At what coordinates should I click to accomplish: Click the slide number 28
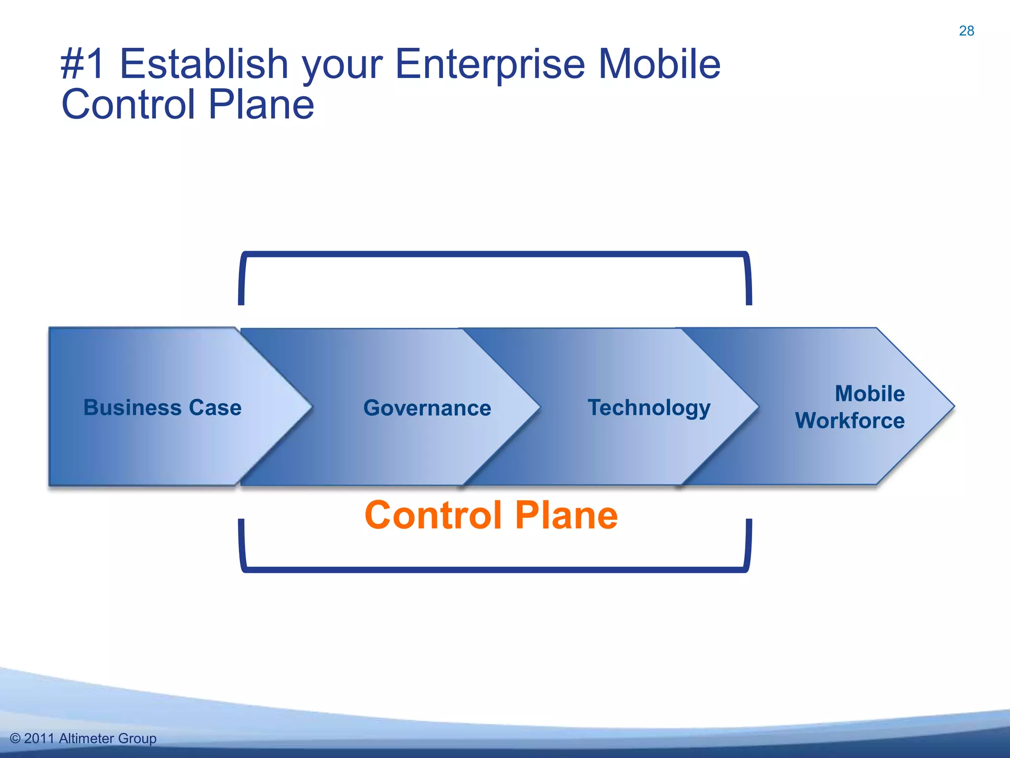click(x=966, y=31)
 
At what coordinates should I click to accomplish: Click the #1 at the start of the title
click(x=82, y=64)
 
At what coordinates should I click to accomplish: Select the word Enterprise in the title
click(x=490, y=64)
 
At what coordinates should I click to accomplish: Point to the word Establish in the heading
click(x=204, y=64)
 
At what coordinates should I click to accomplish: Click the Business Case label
click(x=162, y=408)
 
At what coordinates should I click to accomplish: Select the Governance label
click(x=427, y=408)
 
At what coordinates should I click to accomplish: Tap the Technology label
click(x=649, y=408)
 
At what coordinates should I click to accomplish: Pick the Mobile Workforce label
click(x=850, y=407)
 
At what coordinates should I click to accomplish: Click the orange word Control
click(x=433, y=515)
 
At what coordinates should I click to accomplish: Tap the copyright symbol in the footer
click(x=15, y=738)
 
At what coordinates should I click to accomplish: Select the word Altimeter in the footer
click(x=86, y=738)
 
